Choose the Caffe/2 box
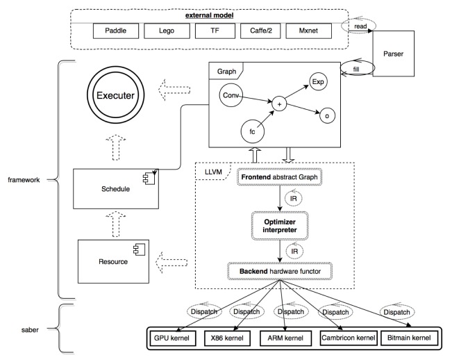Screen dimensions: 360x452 click(266, 31)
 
